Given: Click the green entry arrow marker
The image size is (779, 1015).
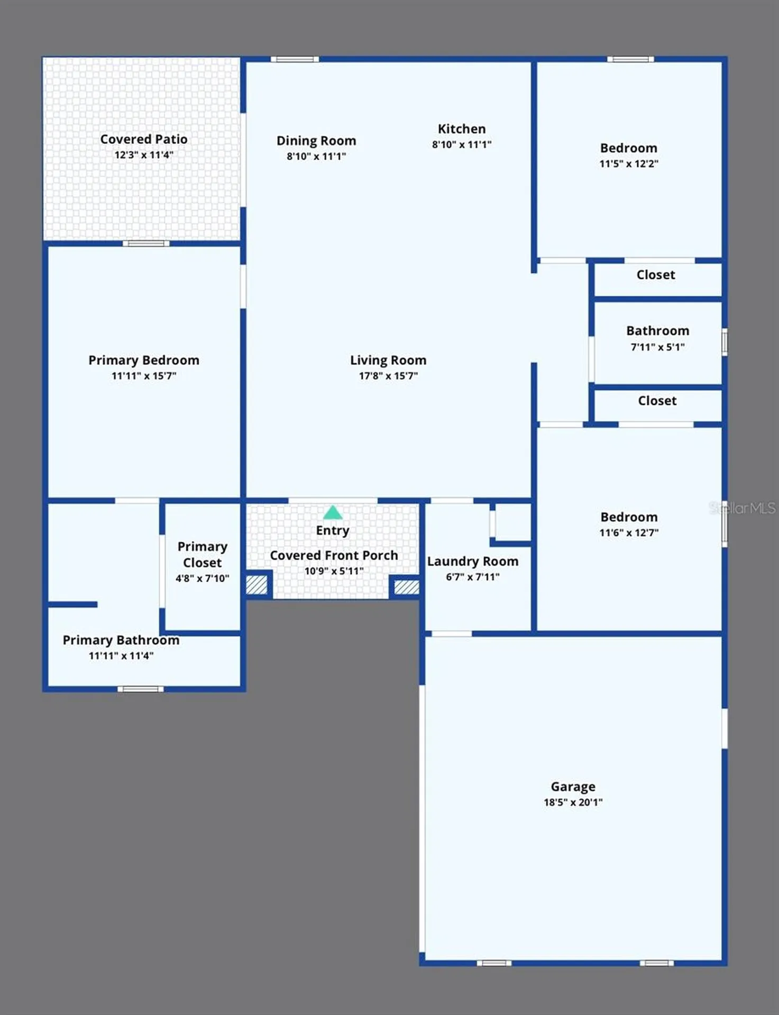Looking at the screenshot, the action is [x=333, y=512].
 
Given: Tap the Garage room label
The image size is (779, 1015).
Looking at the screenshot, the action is [x=573, y=787].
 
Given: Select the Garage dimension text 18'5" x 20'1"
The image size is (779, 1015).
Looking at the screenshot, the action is [x=573, y=802].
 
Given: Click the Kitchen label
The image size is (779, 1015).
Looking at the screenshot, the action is [x=462, y=129].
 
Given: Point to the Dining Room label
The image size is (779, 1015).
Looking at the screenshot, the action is [x=316, y=141].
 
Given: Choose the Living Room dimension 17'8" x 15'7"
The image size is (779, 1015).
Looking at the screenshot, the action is [x=388, y=376].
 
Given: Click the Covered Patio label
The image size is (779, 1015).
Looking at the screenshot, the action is [x=144, y=139].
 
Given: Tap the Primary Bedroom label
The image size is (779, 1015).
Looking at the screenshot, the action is [x=144, y=361].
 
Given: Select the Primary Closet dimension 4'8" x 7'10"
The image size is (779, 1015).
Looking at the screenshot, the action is [x=203, y=578].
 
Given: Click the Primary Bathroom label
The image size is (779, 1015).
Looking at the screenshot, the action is [x=121, y=640].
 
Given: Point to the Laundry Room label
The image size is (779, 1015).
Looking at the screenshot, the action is [x=473, y=561].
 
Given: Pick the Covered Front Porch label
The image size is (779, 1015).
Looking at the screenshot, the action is [x=334, y=556].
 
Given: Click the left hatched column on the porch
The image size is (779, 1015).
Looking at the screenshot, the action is [x=256, y=585].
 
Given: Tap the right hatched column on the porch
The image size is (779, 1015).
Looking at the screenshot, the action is [x=407, y=587].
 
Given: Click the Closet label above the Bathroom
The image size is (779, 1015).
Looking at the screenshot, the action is [x=656, y=275].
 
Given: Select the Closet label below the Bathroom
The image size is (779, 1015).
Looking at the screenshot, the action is [x=657, y=401].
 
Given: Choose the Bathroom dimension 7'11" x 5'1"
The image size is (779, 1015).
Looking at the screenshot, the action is [x=657, y=347].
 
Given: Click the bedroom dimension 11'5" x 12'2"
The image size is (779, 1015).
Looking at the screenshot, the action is [x=629, y=164].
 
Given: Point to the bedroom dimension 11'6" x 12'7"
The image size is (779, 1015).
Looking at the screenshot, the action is [x=629, y=533].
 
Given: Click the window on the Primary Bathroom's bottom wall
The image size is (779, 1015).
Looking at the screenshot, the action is [x=141, y=689].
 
